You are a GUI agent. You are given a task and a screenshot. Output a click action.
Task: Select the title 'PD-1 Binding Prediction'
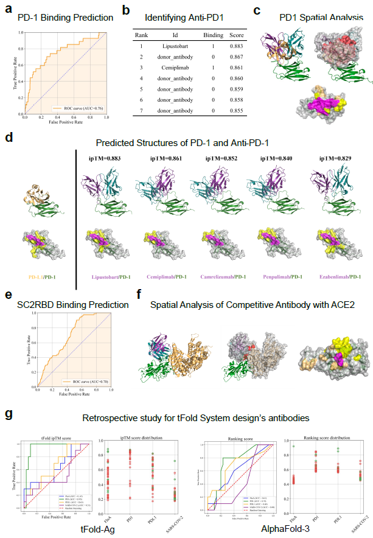[x=65, y=18]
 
